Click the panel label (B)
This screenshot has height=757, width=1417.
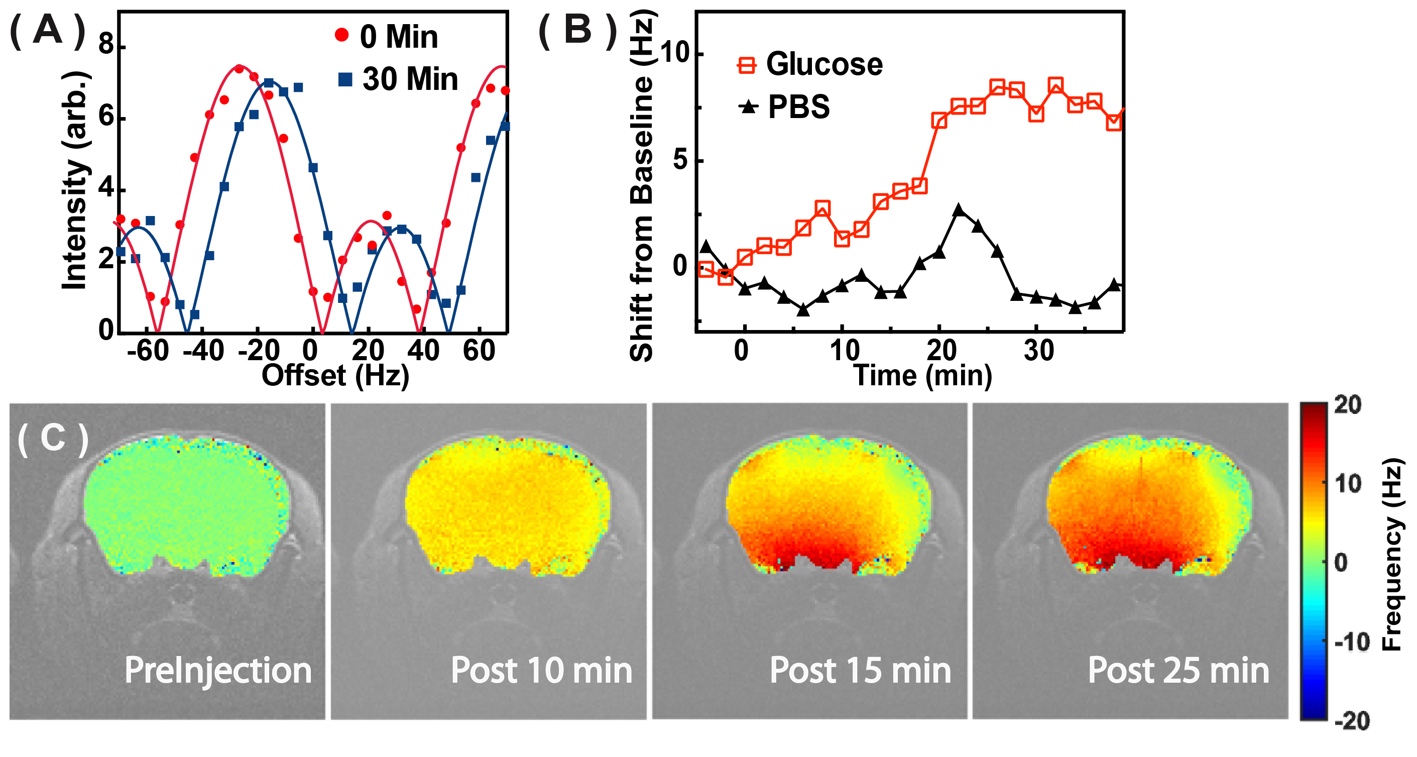pyautogui.click(x=577, y=30)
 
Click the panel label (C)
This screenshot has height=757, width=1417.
pyautogui.click(x=53, y=439)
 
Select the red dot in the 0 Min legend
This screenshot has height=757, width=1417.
pyautogui.click(x=341, y=35)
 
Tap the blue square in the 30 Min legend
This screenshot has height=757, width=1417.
pyautogui.click(x=345, y=79)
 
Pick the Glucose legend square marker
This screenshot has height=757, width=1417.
pyautogui.click(x=747, y=65)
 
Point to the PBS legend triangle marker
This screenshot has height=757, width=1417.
pyautogui.click(x=748, y=106)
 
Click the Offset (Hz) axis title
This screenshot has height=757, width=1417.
pyautogui.click(x=335, y=376)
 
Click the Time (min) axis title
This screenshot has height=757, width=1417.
pyautogui.click(x=922, y=376)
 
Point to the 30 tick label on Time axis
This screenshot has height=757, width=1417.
pyautogui.click(x=1038, y=351)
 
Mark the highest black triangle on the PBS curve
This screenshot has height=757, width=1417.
pyautogui.click(x=959, y=210)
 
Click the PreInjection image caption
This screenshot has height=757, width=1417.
pyautogui.click(x=218, y=670)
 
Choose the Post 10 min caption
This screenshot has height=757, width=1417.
pyautogui.click(x=541, y=670)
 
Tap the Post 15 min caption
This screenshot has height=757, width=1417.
pyautogui.click(x=860, y=670)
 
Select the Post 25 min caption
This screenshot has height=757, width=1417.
pyautogui.click(x=1178, y=670)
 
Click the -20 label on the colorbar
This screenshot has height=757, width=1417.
pyautogui.click(x=1352, y=721)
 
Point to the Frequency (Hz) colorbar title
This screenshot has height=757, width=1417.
pyautogui.click(x=1392, y=555)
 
